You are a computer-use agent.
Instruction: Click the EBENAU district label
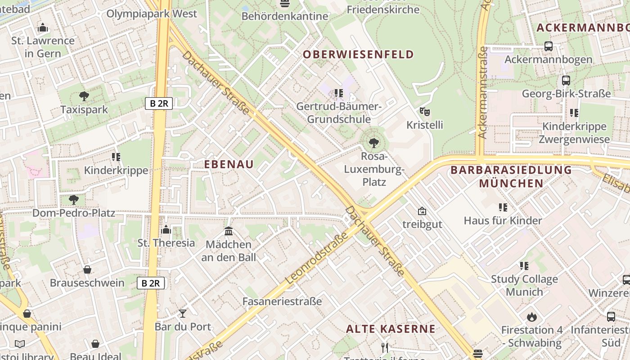pos(229,164)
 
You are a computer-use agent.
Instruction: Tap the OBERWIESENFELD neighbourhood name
pos(358,54)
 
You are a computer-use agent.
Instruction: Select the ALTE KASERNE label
pos(391,328)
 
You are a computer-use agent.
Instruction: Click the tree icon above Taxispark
pos(84,96)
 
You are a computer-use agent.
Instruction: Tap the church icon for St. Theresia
pos(166,230)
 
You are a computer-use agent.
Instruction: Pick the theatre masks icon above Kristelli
pos(424,111)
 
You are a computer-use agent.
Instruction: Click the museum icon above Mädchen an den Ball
pos(229,231)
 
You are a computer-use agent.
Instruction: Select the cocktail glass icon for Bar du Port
pos(183,313)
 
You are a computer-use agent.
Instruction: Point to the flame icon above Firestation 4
pos(532,317)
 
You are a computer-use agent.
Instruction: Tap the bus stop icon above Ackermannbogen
pos(548,46)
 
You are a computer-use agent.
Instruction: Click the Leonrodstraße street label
pos(317,258)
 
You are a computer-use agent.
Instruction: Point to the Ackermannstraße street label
pos(483,92)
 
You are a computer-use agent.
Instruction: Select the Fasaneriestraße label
pos(282,301)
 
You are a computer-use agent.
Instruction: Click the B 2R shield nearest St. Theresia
pos(151,283)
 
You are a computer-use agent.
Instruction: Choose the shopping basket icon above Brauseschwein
pos(87,270)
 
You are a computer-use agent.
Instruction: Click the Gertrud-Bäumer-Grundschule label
pos(339,113)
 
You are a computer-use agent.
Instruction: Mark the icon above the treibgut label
pos(422,211)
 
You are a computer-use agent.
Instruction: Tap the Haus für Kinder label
pos(503,220)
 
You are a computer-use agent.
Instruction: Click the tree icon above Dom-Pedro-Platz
pos(74,199)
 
